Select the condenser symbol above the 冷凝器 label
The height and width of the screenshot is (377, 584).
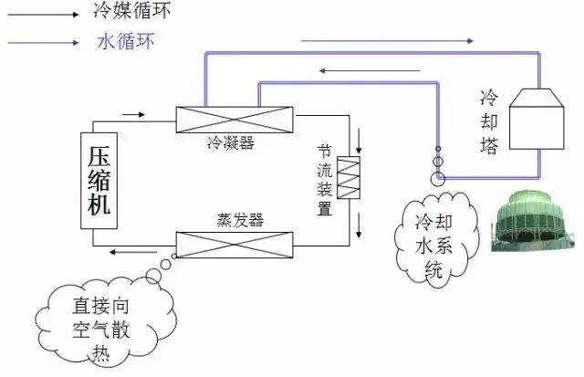point(235,120)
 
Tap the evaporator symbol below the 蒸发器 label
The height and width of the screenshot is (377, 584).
point(235,244)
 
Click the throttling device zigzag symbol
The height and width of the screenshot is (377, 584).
point(350,178)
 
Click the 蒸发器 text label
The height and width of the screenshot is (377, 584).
point(238,221)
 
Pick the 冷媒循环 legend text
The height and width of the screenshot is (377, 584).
point(131,12)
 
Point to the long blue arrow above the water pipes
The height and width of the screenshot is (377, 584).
point(387,41)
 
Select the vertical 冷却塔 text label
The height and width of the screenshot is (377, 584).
point(489,120)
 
